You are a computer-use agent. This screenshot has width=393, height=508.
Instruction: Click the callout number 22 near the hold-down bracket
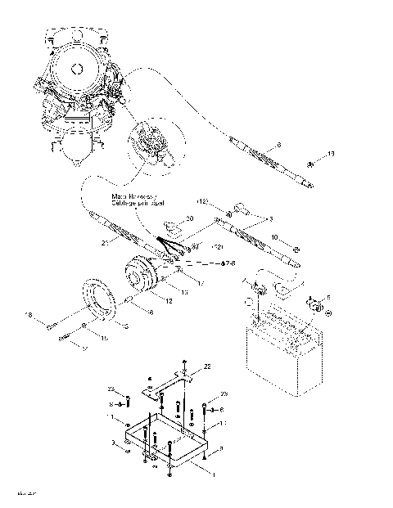pyautogui.click(x=207, y=367)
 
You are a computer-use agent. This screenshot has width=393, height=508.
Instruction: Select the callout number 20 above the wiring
pyautogui.click(x=189, y=218)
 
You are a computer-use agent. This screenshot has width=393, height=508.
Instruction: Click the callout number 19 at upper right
pyautogui.click(x=332, y=154)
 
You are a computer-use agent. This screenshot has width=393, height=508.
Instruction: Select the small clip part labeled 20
pyautogui.click(x=172, y=225)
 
